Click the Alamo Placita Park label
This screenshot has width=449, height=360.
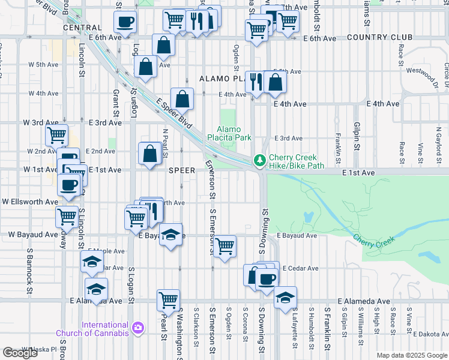coord(234,133)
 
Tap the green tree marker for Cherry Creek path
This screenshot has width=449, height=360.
coord(259,160)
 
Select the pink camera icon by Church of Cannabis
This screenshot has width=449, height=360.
coord(139,328)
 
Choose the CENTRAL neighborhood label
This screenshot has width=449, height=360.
coord(81,28)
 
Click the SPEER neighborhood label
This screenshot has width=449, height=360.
coord(182,170)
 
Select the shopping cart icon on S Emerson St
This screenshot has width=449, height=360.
coord(224,245)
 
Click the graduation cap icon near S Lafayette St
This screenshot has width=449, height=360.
coord(285,296)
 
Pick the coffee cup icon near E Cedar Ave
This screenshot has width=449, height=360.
coord(267,278)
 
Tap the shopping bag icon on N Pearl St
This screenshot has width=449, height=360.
coord(149,153)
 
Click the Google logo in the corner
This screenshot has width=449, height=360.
coord(20,353)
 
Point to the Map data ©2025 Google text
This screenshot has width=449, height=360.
coord(411,355)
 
